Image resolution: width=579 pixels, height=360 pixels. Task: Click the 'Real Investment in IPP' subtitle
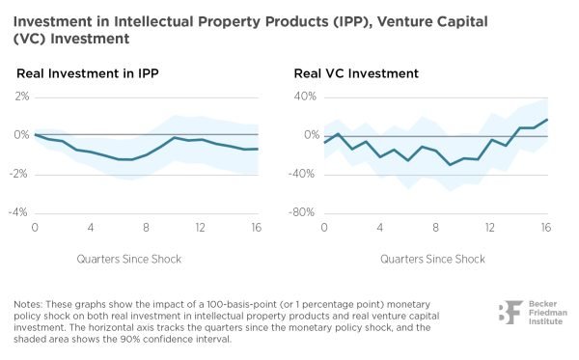tap(88, 73)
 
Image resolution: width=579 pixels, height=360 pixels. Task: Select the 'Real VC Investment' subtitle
tap(356, 73)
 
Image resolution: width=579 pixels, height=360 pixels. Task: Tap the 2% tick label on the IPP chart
tap(22, 97)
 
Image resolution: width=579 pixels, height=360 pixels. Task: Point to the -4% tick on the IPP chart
tap(18, 212)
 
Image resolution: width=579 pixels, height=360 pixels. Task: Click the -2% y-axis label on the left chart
tap(18, 174)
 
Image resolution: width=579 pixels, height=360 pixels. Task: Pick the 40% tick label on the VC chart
tap(305, 97)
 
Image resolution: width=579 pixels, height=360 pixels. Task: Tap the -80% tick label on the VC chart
tap(301, 212)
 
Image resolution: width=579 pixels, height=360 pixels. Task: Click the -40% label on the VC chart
tap(301, 174)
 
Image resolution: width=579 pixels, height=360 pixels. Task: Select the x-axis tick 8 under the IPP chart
tap(147, 228)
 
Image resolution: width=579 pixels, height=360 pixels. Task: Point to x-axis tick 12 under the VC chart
tap(489, 228)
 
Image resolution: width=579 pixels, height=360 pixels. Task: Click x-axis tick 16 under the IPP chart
tap(257, 228)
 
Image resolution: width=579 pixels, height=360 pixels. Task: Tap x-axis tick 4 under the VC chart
tap(380, 228)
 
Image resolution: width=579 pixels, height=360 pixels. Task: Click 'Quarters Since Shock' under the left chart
tap(129, 259)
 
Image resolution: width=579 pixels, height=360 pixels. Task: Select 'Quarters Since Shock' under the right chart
tap(432, 259)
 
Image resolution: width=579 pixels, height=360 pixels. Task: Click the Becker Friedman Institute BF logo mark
tap(510, 313)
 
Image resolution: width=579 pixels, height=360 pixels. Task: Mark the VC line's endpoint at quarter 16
tap(547, 120)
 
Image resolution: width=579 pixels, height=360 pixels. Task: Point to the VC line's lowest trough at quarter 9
tap(450, 165)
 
